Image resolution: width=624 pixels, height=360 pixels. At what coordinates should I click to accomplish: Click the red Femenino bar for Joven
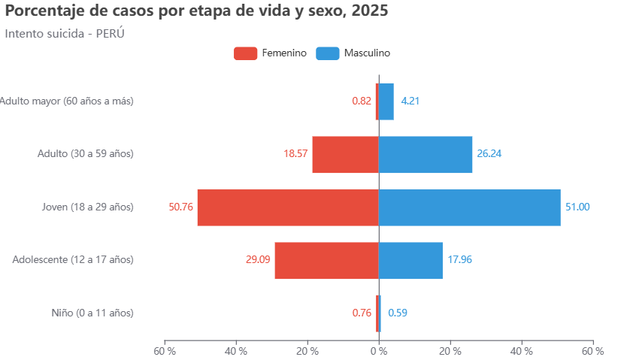(288, 207)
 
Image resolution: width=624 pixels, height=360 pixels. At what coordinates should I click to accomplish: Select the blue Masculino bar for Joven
(469, 207)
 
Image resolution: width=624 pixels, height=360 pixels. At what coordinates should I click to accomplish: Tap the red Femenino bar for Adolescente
(326, 260)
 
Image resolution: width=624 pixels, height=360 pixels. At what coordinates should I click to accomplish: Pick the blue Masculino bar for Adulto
(426, 154)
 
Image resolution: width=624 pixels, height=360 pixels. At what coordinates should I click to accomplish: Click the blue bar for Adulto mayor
(386, 101)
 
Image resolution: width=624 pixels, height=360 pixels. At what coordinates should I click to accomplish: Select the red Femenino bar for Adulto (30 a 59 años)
(345, 154)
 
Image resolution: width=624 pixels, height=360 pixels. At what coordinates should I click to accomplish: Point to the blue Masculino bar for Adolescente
(410, 260)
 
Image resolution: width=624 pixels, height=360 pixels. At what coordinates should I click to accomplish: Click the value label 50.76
(181, 207)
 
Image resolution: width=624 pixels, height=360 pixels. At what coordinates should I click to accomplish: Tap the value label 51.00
(577, 207)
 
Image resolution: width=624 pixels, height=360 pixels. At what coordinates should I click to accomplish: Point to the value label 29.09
(258, 260)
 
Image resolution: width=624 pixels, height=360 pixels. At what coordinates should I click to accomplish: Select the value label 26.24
(489, 154)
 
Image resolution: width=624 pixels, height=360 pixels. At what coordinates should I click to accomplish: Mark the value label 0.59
(398, 313)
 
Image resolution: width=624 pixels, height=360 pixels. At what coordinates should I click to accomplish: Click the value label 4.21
(410, 101)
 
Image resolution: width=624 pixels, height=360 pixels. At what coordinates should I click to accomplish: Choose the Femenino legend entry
(270, 53)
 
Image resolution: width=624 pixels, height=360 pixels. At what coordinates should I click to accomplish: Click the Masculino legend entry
(353, 53)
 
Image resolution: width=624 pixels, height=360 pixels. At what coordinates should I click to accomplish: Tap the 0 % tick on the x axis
(379, 351)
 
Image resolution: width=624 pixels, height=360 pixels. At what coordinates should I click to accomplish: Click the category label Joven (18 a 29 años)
(88, 207)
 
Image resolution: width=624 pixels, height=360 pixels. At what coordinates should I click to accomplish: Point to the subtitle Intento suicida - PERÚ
(65, 34)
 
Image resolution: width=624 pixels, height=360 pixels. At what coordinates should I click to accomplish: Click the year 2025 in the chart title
(370, 11)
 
